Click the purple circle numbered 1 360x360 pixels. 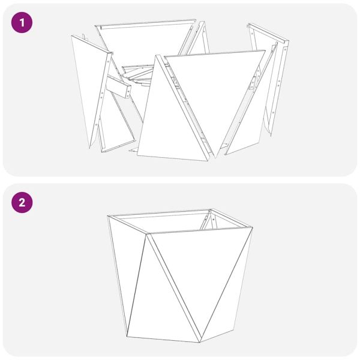[x=22, y=23]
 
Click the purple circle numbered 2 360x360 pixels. [x=22, y=203]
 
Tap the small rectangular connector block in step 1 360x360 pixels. [x=118, y=87]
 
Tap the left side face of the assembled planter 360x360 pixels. [x=126, y=264]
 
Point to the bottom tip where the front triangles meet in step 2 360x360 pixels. [x=200, y=342]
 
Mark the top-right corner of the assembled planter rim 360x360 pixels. [x=253, y=227]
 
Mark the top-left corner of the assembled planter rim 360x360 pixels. [x=107, y=216]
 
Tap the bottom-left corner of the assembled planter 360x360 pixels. [x=127, y=337]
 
